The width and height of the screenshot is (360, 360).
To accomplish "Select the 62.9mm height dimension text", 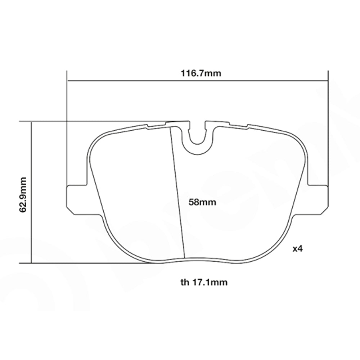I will [x=23, y=194].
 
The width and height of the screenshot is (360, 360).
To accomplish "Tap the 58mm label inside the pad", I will [x=202, y=202].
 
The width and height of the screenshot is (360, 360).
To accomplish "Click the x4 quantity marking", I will [x=297, y=249].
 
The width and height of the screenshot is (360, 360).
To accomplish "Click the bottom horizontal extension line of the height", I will [x=90, y=263].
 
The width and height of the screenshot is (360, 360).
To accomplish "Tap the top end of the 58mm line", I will [x=170, y=127].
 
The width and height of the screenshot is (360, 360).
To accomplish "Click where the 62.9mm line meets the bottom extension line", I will [x=32, y=263].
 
